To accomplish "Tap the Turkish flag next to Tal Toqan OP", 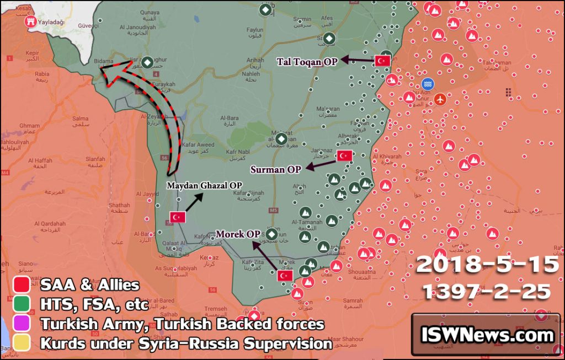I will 382,61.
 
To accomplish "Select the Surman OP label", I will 275,169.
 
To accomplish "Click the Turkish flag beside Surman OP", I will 344,155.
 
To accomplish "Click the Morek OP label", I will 238,234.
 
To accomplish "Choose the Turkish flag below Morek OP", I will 285,275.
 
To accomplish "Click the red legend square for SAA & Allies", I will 21,285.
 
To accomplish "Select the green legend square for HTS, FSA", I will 21,304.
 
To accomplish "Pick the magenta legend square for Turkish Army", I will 21,324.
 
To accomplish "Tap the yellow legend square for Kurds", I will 21,343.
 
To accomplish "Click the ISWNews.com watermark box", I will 487,335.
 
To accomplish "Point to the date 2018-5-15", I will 487,265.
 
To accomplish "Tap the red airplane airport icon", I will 440,99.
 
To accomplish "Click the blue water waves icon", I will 427,84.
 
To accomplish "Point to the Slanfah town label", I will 95,159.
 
